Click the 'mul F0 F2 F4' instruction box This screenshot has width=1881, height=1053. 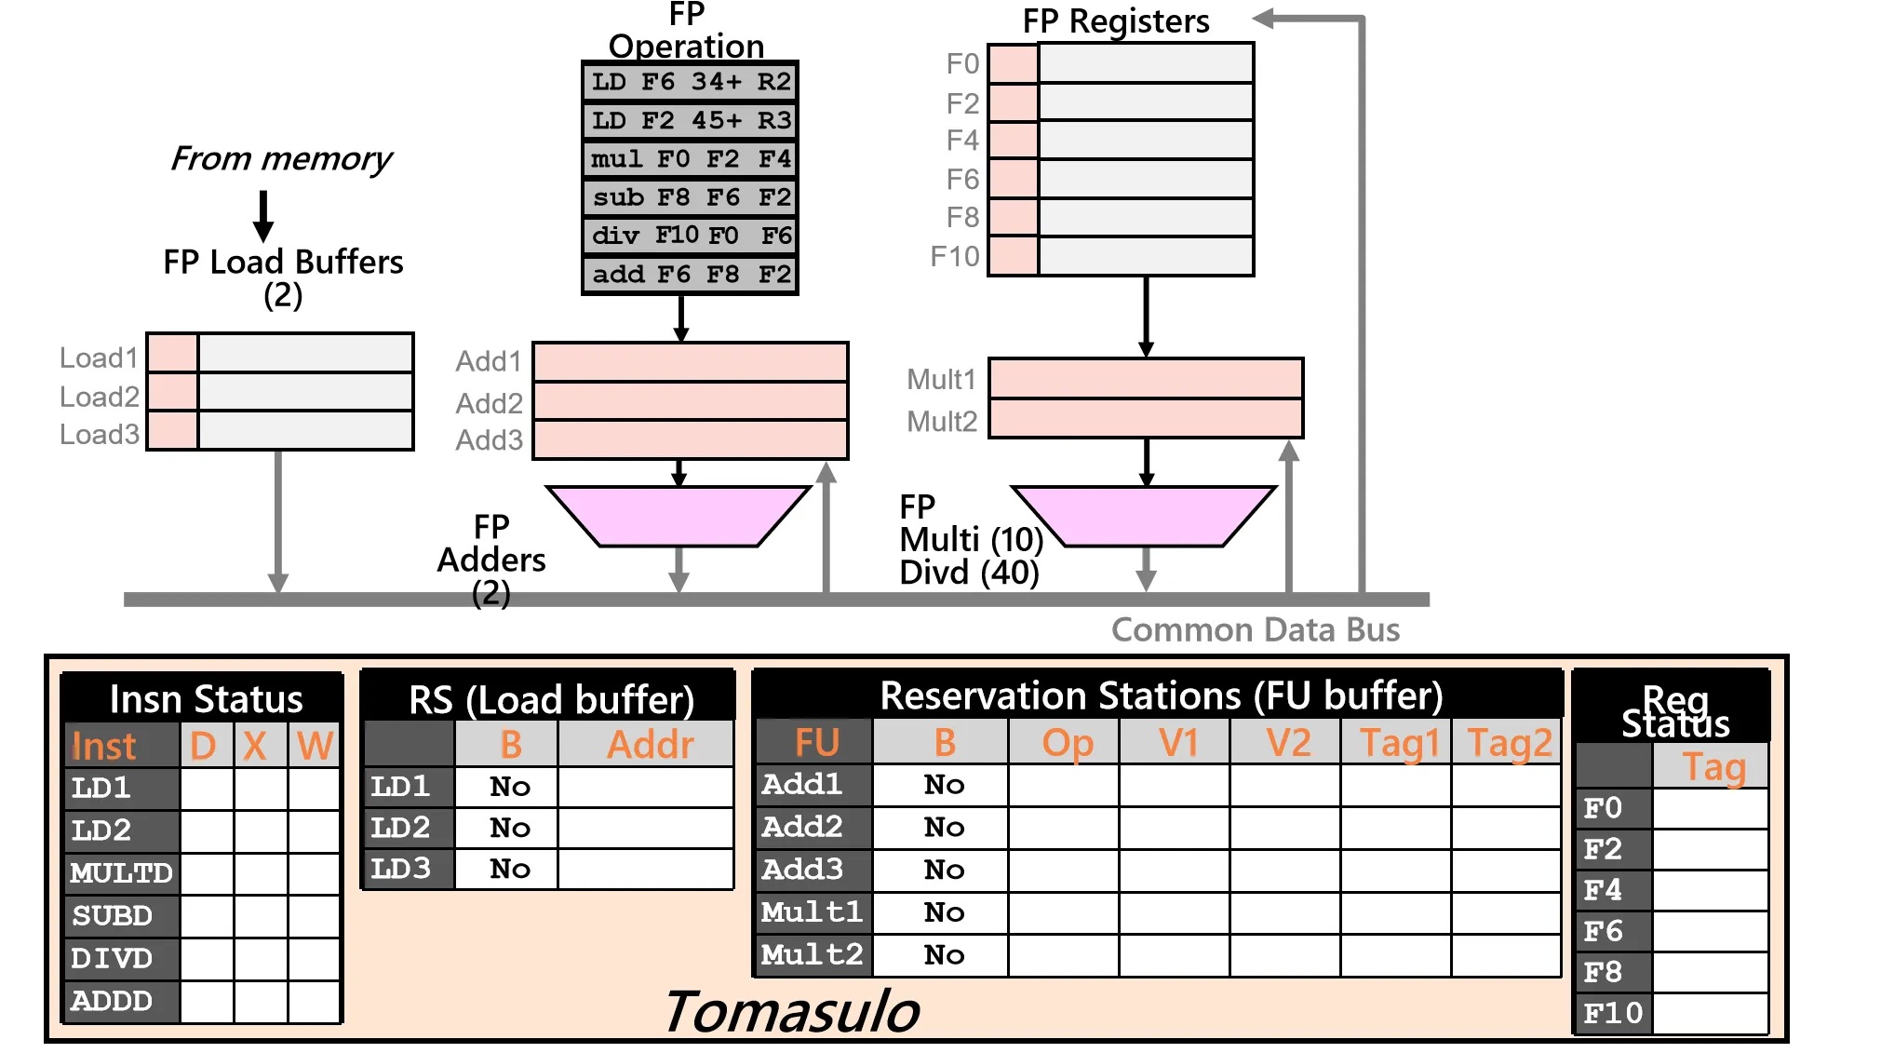coord(690,159)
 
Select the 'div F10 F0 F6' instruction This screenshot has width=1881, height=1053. coord(690,236)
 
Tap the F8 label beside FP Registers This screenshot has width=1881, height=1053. coord(962,217)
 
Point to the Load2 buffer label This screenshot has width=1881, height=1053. coord(99,397)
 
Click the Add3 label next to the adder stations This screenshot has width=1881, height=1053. coord(489,439)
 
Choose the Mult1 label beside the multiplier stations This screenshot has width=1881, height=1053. coord(941,379)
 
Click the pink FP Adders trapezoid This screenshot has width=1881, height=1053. coord(679,515)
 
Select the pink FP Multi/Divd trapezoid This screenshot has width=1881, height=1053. coord(1144,515)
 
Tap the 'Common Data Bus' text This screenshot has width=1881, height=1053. coord(1255,630)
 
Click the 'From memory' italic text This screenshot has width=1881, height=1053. coord(281,159)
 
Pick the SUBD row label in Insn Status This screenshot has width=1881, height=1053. coord(113,916)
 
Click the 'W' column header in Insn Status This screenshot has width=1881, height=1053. coord(315,746)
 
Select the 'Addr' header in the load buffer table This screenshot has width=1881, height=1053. coord(650,745)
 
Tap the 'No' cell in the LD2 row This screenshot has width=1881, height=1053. coord(509,828)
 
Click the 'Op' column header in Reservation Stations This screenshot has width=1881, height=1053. coord(1067,743)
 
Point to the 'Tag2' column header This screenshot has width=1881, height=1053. coord(1509,743)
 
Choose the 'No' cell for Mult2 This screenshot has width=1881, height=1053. coord(943,955)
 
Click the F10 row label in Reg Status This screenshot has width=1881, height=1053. coord(1613,1013)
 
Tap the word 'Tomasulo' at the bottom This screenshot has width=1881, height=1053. coord(791,1012)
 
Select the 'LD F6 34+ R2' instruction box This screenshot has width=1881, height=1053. coord(690,82)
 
